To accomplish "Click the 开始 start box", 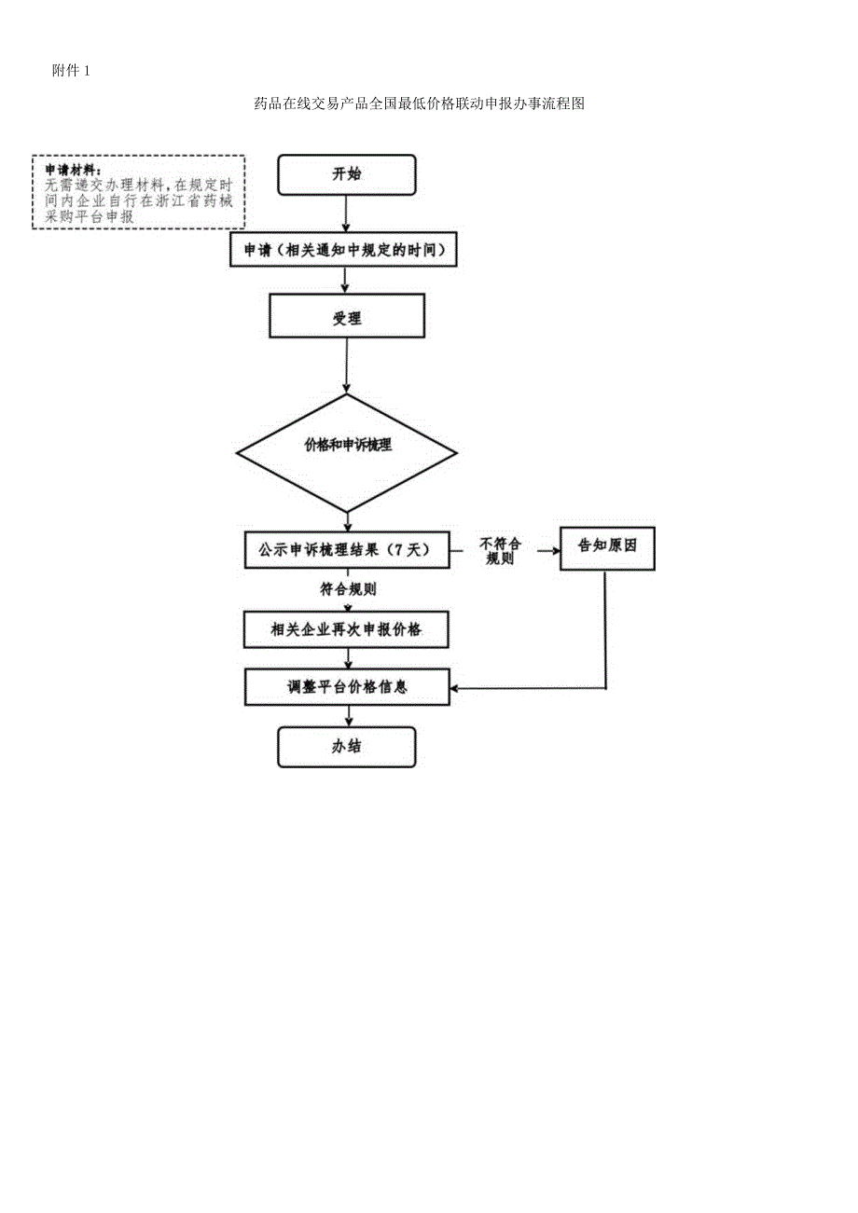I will pos(346,174).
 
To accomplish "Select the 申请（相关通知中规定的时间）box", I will pos(344,250).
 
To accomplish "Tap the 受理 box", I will pos(347,318).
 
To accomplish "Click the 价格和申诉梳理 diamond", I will pos(347,446).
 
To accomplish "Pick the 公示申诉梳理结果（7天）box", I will pos(347,550).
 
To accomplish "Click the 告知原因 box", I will pos(606,546).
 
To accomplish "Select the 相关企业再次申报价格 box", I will pos(347,629).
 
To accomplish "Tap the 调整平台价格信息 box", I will pos(347,687).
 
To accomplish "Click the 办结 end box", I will pos(346,746).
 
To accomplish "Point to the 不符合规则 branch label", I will pos(500,550).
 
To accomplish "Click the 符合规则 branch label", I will pos(347,589).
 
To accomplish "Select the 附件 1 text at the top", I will pos(72,71).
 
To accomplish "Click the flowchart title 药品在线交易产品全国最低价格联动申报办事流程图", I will pos(419,104).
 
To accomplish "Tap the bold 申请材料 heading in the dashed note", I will pos(74,170).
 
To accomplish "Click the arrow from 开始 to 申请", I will pos(346,214).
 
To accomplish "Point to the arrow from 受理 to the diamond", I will pos(347,365).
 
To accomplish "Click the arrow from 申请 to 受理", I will pos(346,280).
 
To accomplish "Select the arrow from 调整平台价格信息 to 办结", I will pos(347,716).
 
